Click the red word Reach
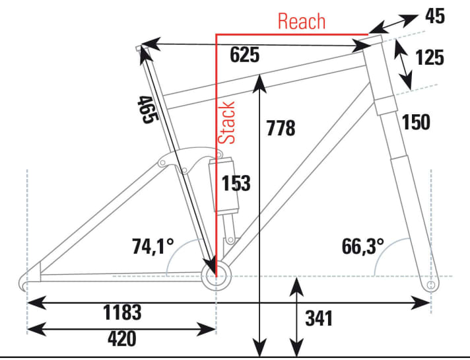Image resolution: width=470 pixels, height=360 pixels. (x=302, y=21)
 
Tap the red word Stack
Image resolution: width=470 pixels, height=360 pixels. (x=227, y=123)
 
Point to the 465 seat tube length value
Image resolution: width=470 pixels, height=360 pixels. (x=147, y=109)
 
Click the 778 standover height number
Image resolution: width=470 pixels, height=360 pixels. (x=281, y=128)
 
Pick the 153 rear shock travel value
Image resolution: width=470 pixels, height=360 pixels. (x=236, y=183)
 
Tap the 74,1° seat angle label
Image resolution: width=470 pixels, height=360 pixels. (x=152, y=246)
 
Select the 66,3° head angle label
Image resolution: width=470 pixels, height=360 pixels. (x=362, y=246)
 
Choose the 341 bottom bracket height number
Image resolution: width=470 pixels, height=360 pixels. (x=319, y=319)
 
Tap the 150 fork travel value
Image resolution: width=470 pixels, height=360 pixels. (x=417, y=122)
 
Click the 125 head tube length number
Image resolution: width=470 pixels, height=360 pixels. (x=430, y=58)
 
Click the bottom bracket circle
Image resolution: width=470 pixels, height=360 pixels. (x=216, y=277)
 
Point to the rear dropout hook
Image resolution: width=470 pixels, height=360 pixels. (x=24, y=282)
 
